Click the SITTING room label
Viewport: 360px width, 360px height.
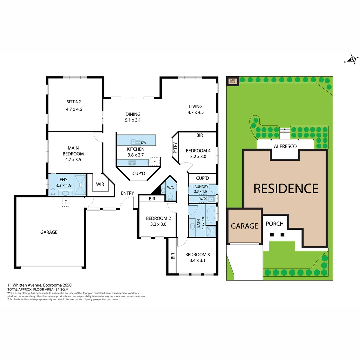(x=74, y=102)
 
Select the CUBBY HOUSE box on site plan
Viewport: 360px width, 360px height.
(x=232, y=81)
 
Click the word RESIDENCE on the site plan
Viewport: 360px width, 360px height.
(x=286, y=189)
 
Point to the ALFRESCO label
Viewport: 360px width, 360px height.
(x=285, y=146)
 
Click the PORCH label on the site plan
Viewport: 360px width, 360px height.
(x=274, y=224)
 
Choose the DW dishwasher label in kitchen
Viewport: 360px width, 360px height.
(x=144, y=142)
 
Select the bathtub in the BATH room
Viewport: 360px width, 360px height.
(x=211, y=215)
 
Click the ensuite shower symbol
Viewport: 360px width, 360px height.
(x=80, y=184)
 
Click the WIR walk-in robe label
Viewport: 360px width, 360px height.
(x=100, y=184)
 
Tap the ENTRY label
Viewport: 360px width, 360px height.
(x=127, y=193)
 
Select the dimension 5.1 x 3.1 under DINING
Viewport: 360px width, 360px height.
(x=132, y=120)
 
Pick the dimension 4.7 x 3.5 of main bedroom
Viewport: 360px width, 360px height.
(x=74, y=160)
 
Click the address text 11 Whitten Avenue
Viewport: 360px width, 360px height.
(x=25, y=285)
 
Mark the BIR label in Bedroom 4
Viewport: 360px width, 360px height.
(x=199, y=135)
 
